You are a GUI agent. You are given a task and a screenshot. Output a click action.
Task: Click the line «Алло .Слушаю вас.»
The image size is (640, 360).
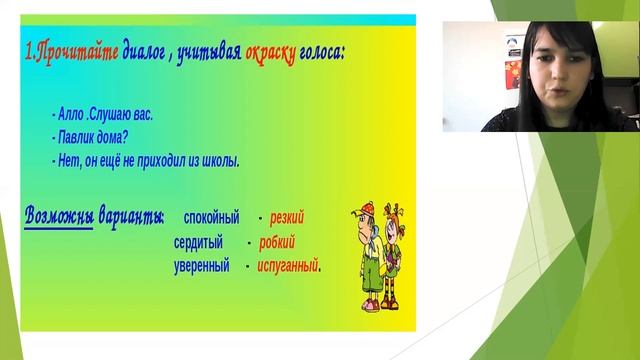102,115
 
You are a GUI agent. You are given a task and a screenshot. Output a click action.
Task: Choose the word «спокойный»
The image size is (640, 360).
212,217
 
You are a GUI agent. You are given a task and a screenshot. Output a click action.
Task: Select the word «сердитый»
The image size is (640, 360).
203,242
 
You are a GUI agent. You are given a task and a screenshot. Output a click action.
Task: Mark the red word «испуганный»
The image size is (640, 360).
288,266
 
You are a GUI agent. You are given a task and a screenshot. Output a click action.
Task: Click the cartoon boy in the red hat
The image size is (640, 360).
367,255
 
